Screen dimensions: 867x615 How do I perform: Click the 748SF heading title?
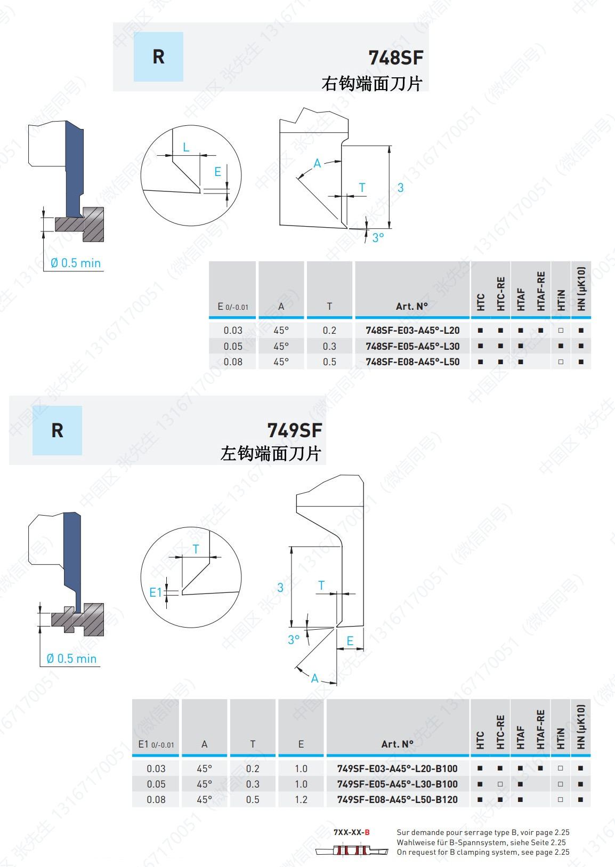pyautogui.click(x=395, y=58)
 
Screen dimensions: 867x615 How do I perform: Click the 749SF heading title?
pyautogui.click(x=294, y=430)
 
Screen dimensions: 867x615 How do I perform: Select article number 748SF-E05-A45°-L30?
pyautogui.click(x=412, y=346)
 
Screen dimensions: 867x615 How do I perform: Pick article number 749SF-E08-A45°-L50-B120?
pyautogui.click(x=397, y=799)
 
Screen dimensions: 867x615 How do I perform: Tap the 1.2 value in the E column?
pyautogui.click(x=301, y=799)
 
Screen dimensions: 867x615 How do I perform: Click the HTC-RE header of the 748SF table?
pyautogui.click(x=500, y=293)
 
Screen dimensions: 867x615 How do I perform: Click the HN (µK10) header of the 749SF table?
pyautogui.click(x=581, y=727)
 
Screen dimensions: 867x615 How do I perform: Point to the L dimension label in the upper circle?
pyautogui.click(x=186, y=147)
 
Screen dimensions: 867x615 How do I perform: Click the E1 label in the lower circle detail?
pyautogui.click(x=155, y=592)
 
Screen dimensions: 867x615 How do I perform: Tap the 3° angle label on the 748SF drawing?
pyautogui.click(x=378, y=238)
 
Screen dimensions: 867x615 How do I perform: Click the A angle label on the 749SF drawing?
pyautogui.click(x=315, y=678)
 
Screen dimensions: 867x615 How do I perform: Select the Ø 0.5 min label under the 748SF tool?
pyautogui.click(x=76, y=263)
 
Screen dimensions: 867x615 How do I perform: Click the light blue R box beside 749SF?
pyautogui.click(x=57, y=430)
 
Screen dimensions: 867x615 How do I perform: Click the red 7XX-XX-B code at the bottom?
pyautogui.click(x=351, y=832)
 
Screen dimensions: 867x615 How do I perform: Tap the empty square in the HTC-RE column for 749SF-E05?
pyautogui.click(x=500, y=784)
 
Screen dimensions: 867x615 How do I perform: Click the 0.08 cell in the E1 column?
pyautogui.click(x=156, y=799)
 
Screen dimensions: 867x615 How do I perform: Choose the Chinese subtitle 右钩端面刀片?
pyautogui.click(x=371, y=84)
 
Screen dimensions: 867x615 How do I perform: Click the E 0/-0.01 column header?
pyautogui.click(x=233, y=307)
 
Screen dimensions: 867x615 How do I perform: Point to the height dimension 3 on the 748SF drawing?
pyautogui.click(x=400, y=188)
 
